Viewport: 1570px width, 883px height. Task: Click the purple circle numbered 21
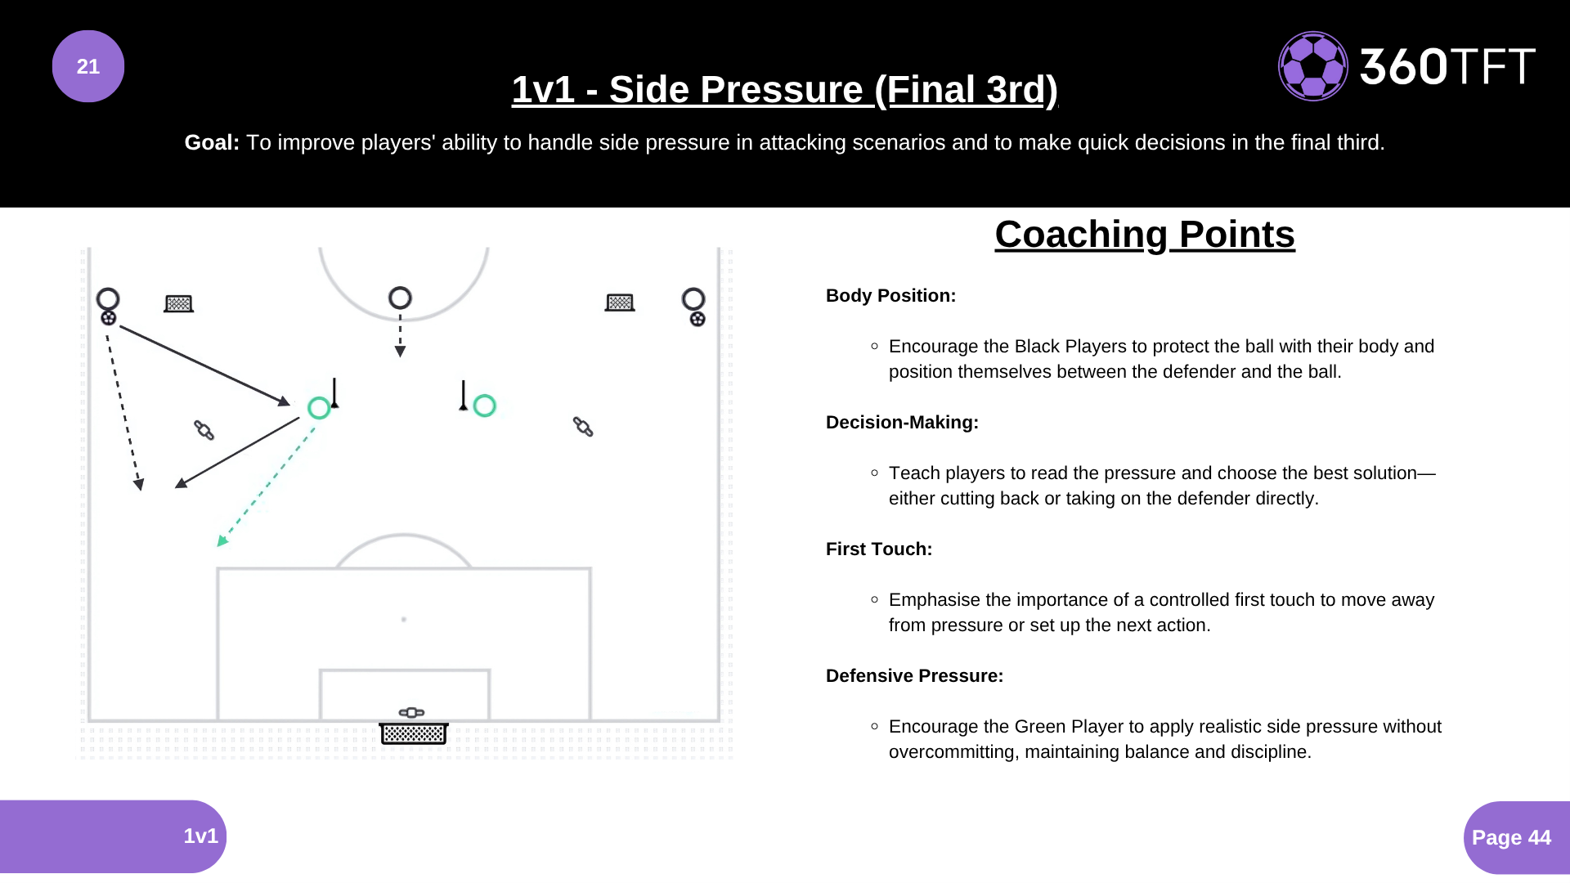(88, 66)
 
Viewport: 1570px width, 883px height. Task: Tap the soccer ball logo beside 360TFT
(1312, 66)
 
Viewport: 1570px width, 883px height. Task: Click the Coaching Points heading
(1144, 235)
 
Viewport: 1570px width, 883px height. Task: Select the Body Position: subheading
(890, 296)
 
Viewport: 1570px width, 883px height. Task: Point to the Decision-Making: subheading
(902, 423)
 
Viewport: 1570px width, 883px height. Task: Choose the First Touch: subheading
(878, 549)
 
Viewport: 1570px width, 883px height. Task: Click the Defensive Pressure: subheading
(914, 676)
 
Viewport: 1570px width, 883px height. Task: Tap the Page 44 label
(1510, 838)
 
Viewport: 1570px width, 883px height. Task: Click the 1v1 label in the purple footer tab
(200, 836)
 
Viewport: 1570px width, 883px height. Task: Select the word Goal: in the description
(212, 143)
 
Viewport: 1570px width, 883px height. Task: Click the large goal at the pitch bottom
(414, 733)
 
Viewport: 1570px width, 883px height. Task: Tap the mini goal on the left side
(178, 304)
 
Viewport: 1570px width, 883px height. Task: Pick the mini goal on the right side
(620, 303)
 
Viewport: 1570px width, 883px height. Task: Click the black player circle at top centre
(400, 298)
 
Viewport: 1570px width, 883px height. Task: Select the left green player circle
(319, 408)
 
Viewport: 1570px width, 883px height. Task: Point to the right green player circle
(484, 406)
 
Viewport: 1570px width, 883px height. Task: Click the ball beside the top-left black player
(109, 318)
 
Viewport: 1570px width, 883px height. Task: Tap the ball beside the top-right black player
(698, 319)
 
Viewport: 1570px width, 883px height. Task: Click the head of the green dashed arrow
(222, 540)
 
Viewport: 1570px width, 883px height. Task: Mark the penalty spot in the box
(404, 620)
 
